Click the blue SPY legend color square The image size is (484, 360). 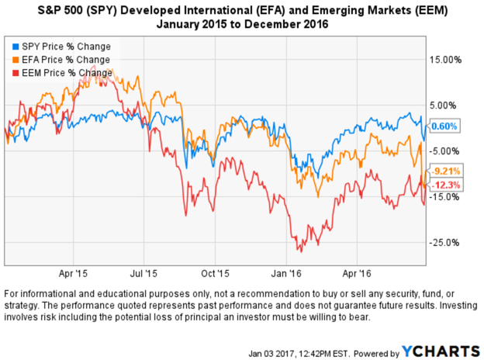pos(10,47)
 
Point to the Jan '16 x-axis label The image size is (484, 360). pos(286,274)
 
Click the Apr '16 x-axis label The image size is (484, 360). pos(356,274)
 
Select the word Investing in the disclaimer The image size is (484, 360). pos(446,306)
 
